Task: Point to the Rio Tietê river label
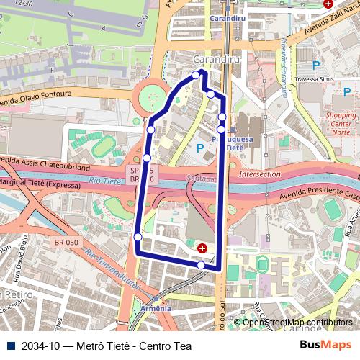(104, 181)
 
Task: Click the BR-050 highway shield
(66, 243)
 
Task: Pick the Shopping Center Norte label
(341, 123)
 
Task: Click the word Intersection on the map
(260, 174)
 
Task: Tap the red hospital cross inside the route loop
(202, 248)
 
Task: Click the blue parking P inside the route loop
(199, 148)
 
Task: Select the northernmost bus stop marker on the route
(196, 75)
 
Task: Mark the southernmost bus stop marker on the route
(201, 265)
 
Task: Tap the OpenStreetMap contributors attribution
(297, 323)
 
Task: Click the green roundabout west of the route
(152, 96)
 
